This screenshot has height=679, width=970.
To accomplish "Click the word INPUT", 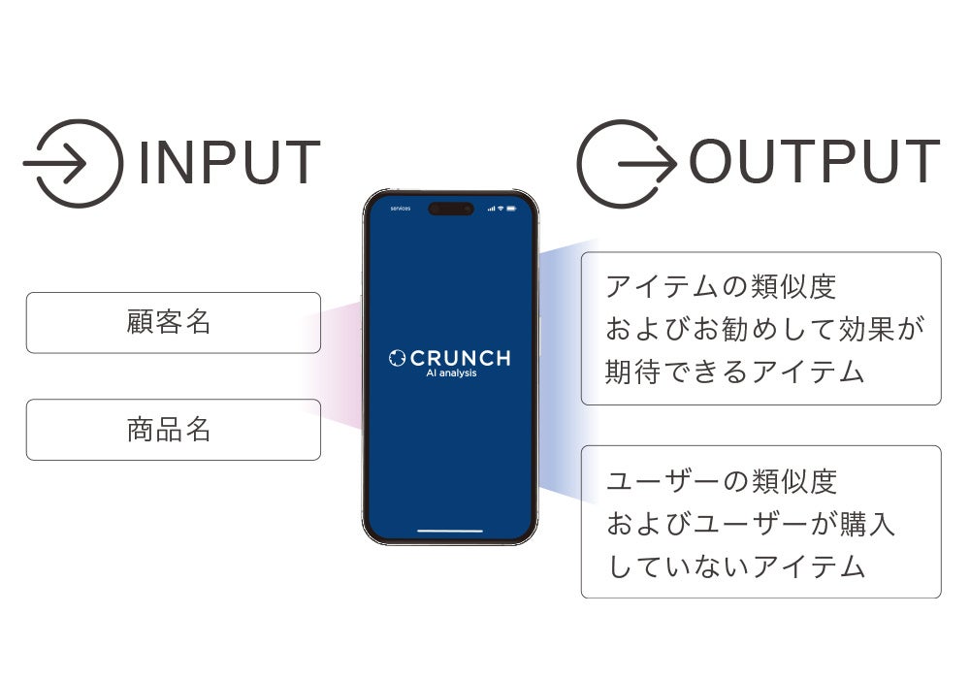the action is click(x=229, y=163).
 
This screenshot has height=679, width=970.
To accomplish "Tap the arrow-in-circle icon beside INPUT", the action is click(x=74, y=163).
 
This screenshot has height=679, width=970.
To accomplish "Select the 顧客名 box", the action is click(x=173, y=322).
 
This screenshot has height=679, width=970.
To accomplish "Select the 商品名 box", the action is click(x=173, y=429).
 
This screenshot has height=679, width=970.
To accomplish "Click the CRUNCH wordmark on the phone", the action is click(x=462, y=358).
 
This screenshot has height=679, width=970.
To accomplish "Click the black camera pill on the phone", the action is click(x=451, y=209).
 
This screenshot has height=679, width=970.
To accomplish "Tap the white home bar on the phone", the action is click(x=450, y=532).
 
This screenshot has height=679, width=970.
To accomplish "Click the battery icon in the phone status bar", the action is click(x=511, y=209).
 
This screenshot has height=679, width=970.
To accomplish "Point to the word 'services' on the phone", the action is click(x=401, y=209).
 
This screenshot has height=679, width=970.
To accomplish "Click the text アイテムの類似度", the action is click(x=720, y=287).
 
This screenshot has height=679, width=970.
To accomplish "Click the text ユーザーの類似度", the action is click(x=721, y=481).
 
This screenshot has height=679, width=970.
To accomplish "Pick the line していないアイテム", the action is click(x=734, y=566).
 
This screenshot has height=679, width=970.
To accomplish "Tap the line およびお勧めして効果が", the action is click(x=764, y=329).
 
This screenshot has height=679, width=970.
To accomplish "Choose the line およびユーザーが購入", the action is click(x=750, y=524).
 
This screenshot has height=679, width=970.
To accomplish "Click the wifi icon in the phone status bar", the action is click(x=501, y=209).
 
